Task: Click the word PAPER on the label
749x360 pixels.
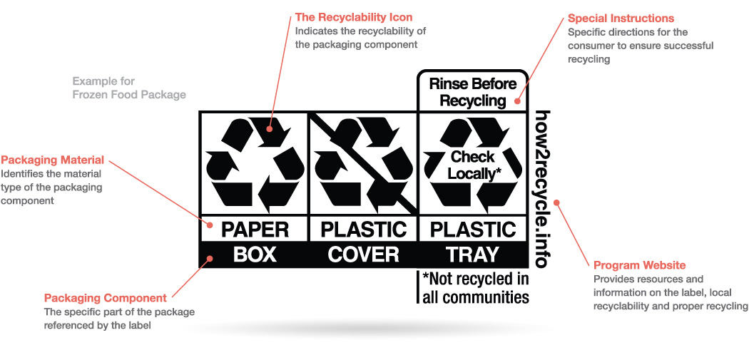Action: tap(255, 230)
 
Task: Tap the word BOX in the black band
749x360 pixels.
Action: tap(255, 254)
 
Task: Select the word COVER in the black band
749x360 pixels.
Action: tap(363, 254)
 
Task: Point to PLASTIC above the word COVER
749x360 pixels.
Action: tap(363, 230)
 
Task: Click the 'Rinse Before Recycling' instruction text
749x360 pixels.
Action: tap(472, 92)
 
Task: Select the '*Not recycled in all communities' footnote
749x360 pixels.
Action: tap(475, 287)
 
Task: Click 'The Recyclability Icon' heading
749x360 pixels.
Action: tap(354, 17)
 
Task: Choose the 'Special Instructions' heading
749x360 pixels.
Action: tap(621, 19)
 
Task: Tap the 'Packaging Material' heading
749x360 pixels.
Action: tap(53, 160)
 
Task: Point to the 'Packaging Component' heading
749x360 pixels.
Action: tap(106, 298)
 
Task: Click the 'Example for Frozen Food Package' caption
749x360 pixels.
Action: tap(128, 88)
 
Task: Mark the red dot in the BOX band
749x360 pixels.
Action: tap(209, 258)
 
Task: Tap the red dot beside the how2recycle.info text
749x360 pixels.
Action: tap(557, 202)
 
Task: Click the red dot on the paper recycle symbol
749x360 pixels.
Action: tap(270, 129)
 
